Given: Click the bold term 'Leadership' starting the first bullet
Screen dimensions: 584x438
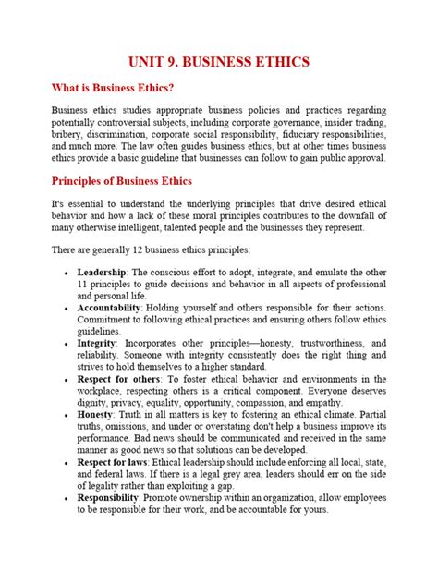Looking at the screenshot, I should pyautogui.click(x=104, y=273).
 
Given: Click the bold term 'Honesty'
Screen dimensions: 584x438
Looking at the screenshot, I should pyautogui.click(x=98, y=416).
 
